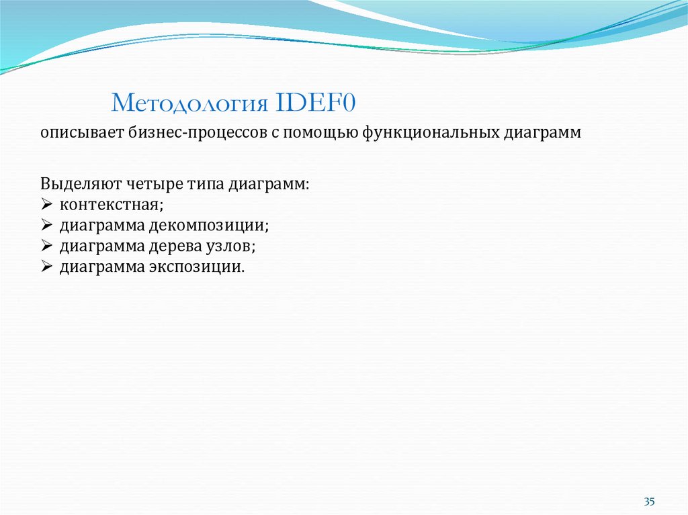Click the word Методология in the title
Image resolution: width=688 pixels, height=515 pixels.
pos(190,104)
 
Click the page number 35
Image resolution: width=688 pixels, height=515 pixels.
pos(649,502)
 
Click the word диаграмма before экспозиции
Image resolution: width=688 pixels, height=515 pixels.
pos(101,267)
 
